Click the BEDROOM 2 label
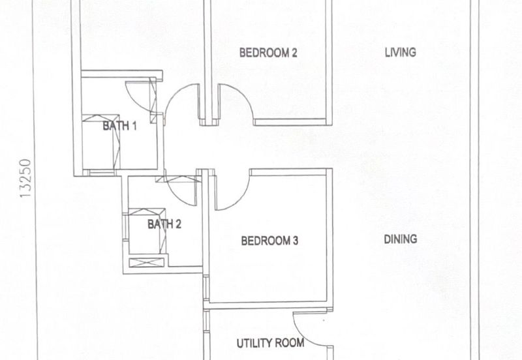[268, 53]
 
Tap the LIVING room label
[401, 52]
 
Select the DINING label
[401, 239]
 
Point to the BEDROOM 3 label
[269, 241]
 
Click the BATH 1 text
[119, 126]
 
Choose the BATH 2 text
[164, 224]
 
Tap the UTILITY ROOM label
[270, 343]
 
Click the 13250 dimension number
[25, 178]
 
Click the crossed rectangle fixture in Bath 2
[147, 262]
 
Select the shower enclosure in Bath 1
[101, 142]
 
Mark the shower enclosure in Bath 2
[147, 232]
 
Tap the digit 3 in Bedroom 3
[295, 241]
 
